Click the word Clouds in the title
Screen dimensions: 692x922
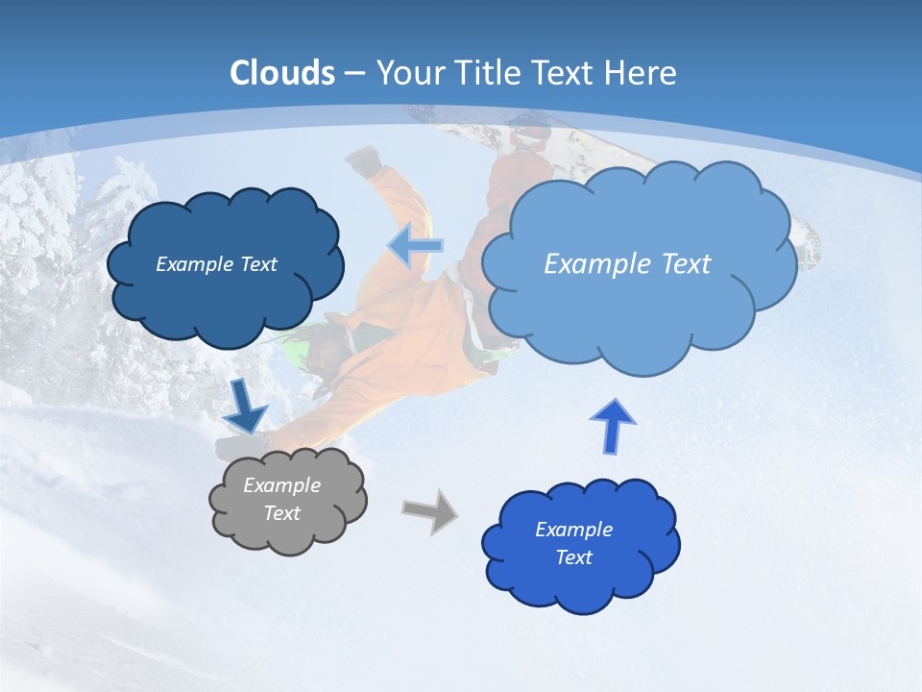click(282, 73)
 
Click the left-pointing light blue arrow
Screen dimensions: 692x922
click(415, 245)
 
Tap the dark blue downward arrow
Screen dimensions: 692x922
click(246, 405)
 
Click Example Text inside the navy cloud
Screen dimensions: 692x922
click(216, 263)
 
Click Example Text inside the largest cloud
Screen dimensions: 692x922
click(627, 263)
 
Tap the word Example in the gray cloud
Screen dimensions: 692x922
click(281, 485)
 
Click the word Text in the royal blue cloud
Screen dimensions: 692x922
click(573, 557)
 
